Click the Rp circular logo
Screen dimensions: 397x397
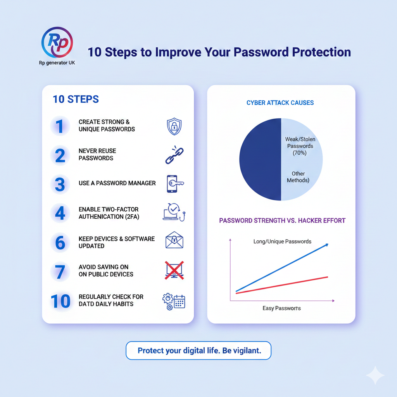click(57, 42)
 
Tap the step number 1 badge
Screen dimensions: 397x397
click(60, 126)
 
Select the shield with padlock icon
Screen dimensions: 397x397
click(174, 126)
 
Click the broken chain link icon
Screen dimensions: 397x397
click(174, 155)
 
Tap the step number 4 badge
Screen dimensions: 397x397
click(60, 213)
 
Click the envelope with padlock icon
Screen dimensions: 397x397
click(174, 240)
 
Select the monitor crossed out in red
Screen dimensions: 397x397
click(174, 270)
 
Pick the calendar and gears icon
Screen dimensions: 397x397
click(174, 302)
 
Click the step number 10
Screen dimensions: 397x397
click(60, 301)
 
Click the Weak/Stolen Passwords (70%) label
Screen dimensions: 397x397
click(300, 146)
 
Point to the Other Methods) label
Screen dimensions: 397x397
click(298, 177)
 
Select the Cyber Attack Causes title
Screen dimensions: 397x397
click(280, 103)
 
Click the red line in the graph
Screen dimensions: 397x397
click(282, 285)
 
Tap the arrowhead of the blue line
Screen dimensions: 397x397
click(327, 245)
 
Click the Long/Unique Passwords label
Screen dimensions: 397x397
click(282, 242)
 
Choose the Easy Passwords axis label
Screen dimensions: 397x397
click(281, 308)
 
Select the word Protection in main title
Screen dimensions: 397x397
click(321, 52)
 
